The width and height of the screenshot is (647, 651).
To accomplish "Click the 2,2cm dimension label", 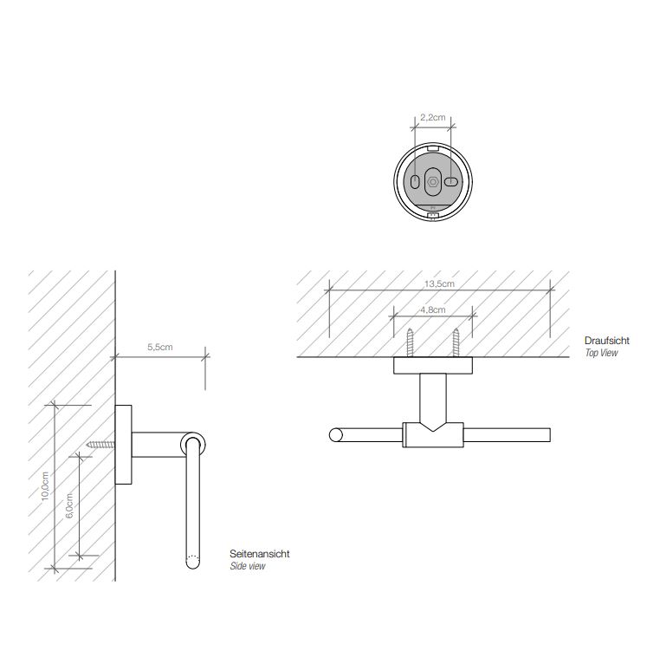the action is pyautogui.click(x=432, y=118).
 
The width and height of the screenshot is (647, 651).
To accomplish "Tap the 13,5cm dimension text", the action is pyautogui.click(x=439, y=284).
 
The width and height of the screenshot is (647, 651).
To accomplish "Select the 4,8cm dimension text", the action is pyautogui.click(x=432, y=309).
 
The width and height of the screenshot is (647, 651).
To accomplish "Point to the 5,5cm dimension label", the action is pyautogui.click(x=160, y=347).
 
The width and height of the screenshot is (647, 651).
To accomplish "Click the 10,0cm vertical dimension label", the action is pyautogui.click(x=45, y=486).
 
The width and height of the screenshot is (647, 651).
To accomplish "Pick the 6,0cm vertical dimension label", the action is pyautogui.click(x=69, y=505).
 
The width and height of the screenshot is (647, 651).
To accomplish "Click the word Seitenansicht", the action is pyautogui.click(x=260, y=554).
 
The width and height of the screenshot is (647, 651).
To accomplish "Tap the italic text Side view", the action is pyautogui.click(x=248, y=566).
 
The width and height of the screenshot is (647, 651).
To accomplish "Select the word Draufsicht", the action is pyautogui.click(x=607, y=341).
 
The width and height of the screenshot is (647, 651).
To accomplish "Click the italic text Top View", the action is pyautogui.click(x=601, y=353).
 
